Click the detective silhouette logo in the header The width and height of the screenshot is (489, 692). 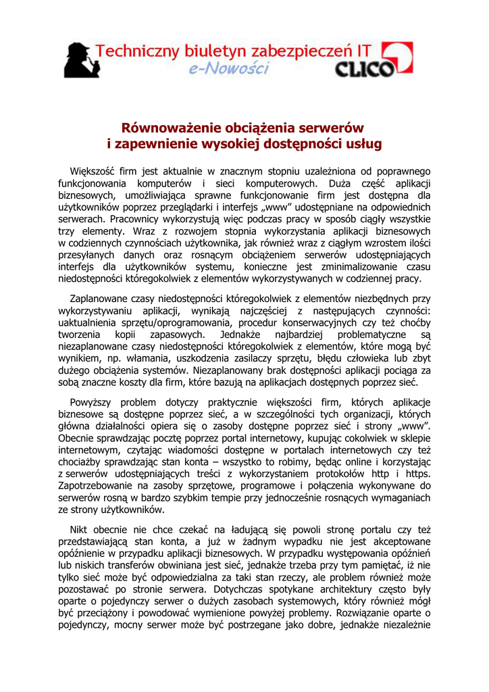click(x=82, y=60)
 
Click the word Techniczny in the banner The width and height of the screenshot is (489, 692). click(x=132, y=51)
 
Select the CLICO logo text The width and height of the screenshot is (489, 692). click(x=365, y=69)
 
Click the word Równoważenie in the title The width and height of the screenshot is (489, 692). click(x=165, y=128)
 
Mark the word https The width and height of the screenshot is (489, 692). click(x=417, y=474)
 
